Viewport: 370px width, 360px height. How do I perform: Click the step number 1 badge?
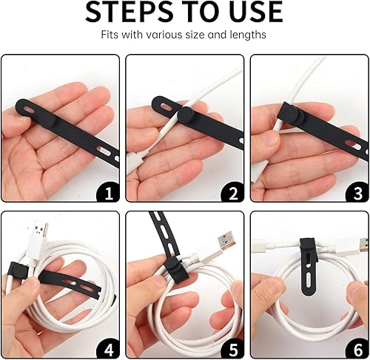click(108, 193)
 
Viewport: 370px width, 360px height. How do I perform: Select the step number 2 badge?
click(233, 193)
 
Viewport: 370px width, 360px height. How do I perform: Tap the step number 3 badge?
click(357, 193)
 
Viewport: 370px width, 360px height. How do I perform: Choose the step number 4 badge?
click(108, 347)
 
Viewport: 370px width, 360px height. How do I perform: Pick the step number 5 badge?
click(233, 347)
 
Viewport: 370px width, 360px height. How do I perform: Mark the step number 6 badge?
click(357, 347)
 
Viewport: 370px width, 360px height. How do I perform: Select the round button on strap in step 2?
click(185, 116)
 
